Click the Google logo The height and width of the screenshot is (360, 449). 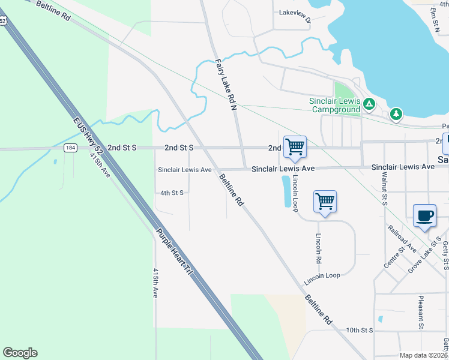(x=20, y=353)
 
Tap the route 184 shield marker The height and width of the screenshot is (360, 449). (x=71, y=148)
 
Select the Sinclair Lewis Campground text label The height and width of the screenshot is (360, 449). (x=334, y=105)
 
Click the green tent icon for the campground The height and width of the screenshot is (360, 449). (x=370, y=105)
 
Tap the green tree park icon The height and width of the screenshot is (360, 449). (x=396, y=113)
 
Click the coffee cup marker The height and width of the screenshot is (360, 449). (x=424, y=216)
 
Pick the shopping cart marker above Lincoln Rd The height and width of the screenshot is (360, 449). (x=325, y=202)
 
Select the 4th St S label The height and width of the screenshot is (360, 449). (x=172, y=193)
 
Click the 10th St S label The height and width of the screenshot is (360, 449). (x=360, y=330)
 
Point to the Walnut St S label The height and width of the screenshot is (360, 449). (x=384, y=188)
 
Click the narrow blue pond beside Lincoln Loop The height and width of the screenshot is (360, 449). (x=285, y=191)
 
